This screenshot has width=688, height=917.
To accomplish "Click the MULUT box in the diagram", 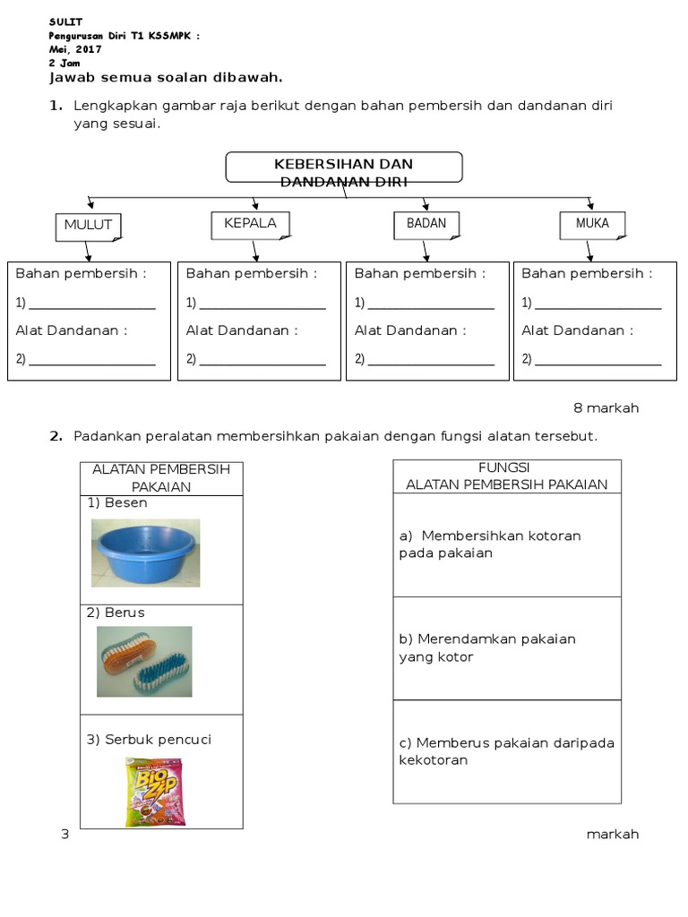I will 88,226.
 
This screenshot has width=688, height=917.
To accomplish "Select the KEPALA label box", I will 251,224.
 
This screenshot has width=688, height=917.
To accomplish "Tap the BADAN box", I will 426,224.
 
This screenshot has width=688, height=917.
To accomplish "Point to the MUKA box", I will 591,224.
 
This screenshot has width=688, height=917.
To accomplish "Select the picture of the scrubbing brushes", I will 144,661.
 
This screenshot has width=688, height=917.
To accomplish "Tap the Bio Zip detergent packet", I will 155,791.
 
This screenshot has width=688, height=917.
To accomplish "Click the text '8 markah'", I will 606,408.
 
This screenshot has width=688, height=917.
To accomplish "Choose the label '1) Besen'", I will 117,503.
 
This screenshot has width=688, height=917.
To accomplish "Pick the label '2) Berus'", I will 116,613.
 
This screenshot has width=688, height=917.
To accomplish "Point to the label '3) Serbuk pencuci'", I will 149,740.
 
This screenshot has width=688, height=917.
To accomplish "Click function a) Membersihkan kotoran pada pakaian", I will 490,544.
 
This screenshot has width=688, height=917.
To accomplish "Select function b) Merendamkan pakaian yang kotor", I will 486,647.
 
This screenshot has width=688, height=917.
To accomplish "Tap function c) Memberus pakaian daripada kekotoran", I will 506,751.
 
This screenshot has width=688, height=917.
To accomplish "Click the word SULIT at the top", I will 65,21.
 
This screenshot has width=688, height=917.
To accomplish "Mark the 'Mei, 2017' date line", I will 75,50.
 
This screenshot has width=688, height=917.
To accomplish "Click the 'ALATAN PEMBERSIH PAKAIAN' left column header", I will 161,478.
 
